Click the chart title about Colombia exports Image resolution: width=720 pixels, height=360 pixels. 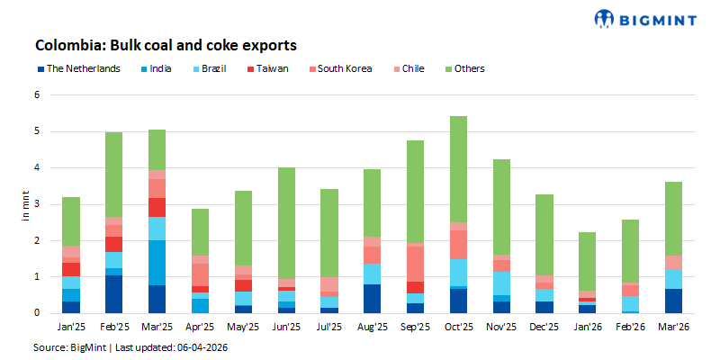tap(166, 44)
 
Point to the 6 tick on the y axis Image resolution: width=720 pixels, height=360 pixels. tap(37, 94)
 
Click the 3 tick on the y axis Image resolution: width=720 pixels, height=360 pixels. tap(37, 204)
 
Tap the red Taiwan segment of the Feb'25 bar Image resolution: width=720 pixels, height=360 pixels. tap(114, 244)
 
